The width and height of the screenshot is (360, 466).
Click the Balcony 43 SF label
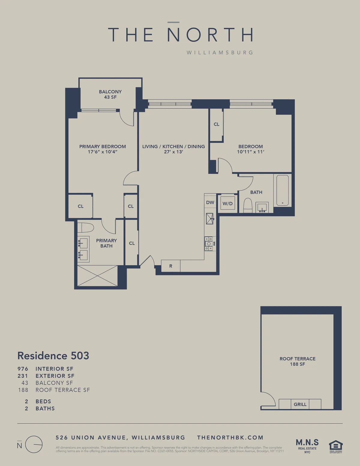pyautogui.click(x=110, y=94)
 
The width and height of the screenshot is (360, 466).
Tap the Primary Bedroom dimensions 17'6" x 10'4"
pyautogui.click(x=102, y=152)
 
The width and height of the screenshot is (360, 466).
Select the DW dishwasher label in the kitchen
pyautogui.click(x=210, y=203)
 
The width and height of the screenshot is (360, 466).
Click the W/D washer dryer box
pyautogui.click(x=227, y=203)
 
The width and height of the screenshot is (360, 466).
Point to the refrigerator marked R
pyautogui.click(x=171, y=266)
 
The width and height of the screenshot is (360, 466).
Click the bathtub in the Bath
pyautogui.click(x=282, y=190)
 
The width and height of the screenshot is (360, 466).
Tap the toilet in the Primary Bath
pyautogui.click(x=85, y=228)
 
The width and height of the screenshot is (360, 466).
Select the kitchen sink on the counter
pyautogui.click(x=209, y=219)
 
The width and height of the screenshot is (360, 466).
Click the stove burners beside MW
pyautogui.click(x=208, y=244)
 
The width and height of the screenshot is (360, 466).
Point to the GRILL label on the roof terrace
pyautogui.click(x=300, y=404)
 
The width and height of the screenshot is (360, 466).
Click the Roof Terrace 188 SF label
pyautogui.click(x=297, y=361)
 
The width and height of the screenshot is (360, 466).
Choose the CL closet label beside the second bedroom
pyautogui.click(x=216, y=124)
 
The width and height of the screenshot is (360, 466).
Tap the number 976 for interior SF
pyautogui.click(x=23, y=369)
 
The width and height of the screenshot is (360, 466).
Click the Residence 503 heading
pyautogui.click(x=53, y=356)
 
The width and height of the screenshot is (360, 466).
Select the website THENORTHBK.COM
pyautogui.click(x=230, y=437)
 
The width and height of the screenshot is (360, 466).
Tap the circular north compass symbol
pyautogui.click(x=34, y=444)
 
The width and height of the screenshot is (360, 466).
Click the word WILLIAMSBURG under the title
pyautogui.click(x=220, y=53)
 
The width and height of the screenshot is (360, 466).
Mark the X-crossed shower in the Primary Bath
pyautogui.click(x=97, y=275)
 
